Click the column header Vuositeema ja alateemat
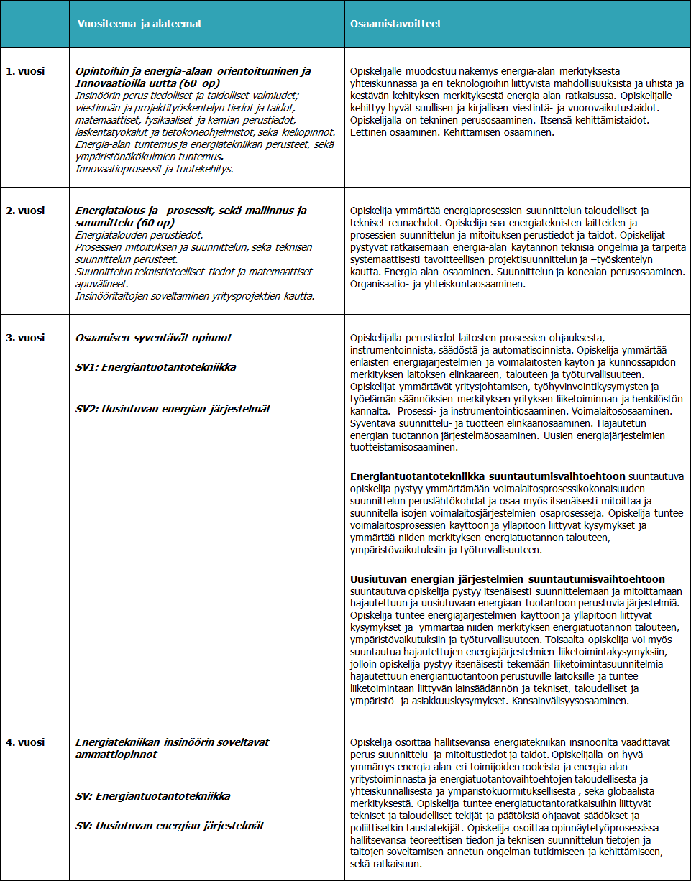(139, 24)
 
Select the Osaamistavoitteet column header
(395, 24)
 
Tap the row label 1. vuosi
(24, 71)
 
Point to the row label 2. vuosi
(24, 211)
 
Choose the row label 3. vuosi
(24, 338)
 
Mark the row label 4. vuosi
(24, 742)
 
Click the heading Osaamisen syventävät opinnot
(154, 338)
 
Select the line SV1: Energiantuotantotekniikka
(156, 367)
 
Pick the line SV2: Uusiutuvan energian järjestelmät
(173, 409)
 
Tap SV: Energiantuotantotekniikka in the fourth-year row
(153, 796)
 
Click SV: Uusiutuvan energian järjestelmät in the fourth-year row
(170, 826)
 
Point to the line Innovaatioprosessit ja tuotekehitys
(155, 168)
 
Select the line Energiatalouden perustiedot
(139, 235)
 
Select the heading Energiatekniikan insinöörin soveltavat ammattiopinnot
(173, 748)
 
